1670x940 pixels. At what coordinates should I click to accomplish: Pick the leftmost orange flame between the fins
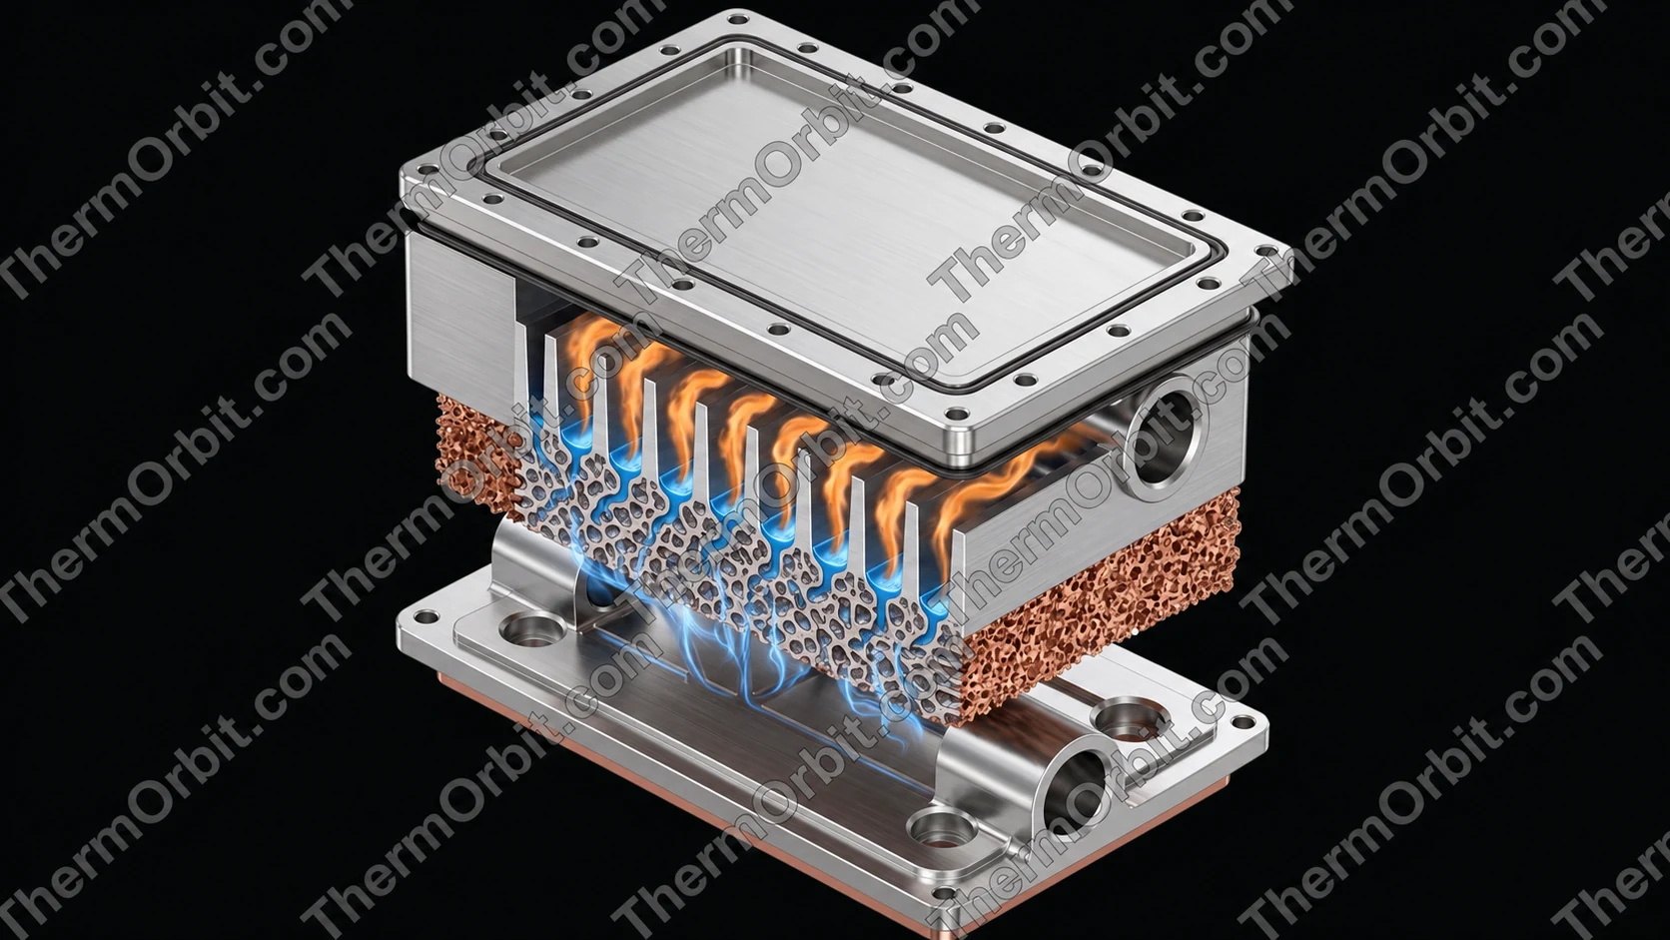pos(585,358)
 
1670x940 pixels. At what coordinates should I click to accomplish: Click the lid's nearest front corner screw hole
pos(956,414)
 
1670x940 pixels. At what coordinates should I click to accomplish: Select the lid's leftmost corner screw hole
pos(427,171)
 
